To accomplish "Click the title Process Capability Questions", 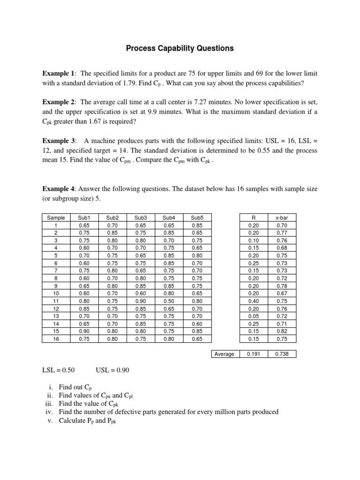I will click(180, 48).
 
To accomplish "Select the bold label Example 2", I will click(59, 102).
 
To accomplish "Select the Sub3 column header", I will click(141, 217).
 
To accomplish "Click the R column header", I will click(253, 217).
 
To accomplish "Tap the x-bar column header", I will click(282, 217).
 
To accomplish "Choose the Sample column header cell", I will click(56, 217).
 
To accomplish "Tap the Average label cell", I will click(224, 354).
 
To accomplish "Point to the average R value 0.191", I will click(253, 354).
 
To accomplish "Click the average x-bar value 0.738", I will click(282, 354).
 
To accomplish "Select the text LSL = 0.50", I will click(60, 370).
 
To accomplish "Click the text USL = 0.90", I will click(112, 370).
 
